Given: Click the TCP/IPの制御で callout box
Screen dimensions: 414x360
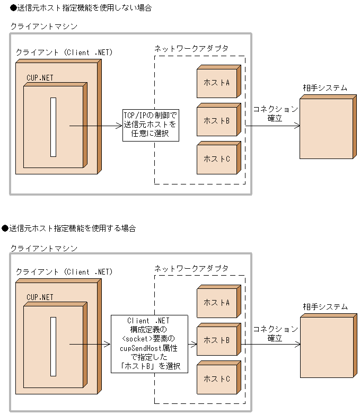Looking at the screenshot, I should pos(150,125).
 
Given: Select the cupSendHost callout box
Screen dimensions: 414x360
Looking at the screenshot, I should pos(149,343).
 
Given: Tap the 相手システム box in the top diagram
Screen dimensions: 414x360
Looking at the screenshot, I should pos(326,128).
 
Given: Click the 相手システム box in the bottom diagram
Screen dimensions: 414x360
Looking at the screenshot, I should pos(326,347).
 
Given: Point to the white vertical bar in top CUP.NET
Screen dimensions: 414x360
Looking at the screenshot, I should pos(53,127).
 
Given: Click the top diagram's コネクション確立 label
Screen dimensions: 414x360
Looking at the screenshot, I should pos(275,114).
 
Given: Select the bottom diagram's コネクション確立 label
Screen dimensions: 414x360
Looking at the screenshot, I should pos(275,333).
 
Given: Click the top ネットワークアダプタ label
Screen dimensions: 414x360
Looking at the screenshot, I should pos(191,48).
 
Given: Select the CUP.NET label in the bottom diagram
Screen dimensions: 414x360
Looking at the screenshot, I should pos(40,297).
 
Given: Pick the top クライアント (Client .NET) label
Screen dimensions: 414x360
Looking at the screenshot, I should pos(64,52).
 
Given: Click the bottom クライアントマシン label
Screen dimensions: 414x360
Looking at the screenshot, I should pos(44,248).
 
